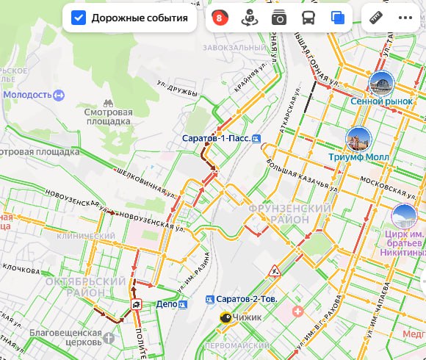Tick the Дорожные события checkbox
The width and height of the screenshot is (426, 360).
pyautogui.click(x=79, y=18)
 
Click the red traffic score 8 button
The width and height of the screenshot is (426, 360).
pyautogui.click(x=220, y=18)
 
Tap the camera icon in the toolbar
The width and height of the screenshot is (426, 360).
pyautogui.click(x=278, y=18)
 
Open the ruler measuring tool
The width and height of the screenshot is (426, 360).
pyautogui.click(x=379, y=18)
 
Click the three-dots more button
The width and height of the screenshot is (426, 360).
pyautogui.click(x=405, y=18)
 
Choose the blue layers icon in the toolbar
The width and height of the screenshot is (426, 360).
pyautogui.click(x=338, y=18)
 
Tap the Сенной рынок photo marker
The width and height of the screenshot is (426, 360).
pyautogui.click(x=381, y=84)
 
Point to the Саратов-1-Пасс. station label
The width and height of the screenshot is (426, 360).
pyautogui.click(x=215, y=138)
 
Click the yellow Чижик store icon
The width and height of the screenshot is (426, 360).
pyautogui.click(x=225, y=317)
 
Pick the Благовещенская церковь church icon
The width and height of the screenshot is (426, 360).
pyautogui.click(x=109, y=338)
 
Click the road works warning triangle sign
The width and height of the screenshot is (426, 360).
pyautogui.click(x=275, y=270)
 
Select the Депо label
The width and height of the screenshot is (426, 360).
pyautogui.click(x=167, y=303)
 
